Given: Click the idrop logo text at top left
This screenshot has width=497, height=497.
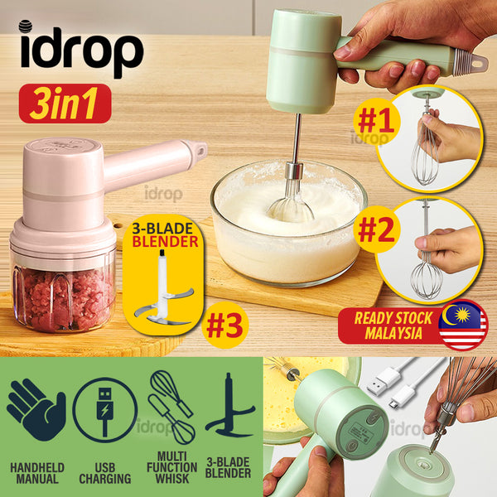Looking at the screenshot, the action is tap(82, 50).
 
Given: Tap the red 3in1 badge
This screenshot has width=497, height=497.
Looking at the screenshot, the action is tap(65, 104).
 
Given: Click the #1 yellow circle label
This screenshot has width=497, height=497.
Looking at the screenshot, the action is tap(376, 122).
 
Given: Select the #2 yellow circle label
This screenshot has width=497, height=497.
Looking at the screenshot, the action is tap(377, 229).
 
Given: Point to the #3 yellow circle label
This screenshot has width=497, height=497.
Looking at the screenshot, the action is tap(224, 326).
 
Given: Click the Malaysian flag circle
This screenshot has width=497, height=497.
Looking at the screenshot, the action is tap(463, 325).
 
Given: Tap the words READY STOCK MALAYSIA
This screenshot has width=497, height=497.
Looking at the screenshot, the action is tap(393, 326).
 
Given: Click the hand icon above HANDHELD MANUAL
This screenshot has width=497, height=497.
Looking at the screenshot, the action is tap(36, 409).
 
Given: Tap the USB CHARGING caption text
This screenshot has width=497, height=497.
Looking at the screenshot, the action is tap(105, 473).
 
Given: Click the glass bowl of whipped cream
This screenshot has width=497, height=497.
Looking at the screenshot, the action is tap(289, 224).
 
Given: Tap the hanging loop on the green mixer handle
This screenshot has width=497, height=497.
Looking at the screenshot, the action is tap(477, 63).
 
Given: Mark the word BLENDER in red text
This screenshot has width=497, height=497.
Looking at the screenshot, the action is tap(165, 242).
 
